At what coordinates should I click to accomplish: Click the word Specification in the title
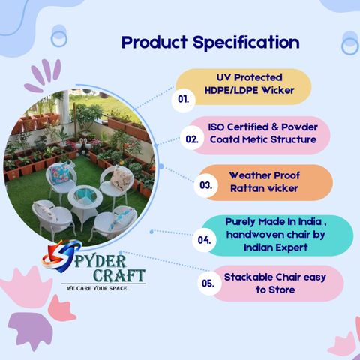(246, 43)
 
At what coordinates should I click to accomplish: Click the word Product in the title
(154, 42)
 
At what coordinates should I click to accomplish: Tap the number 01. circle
(183, 99)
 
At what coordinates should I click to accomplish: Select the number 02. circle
(192, 139)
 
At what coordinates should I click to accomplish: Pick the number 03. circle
(205, 185)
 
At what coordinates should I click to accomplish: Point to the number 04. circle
(204, 240)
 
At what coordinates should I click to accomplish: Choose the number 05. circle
(208, 283)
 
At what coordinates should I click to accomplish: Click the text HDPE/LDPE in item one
(231, 90)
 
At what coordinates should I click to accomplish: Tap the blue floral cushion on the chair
(60, 171)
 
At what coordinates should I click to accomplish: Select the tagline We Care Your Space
(97, 288)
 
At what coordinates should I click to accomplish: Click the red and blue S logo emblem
(61, 256)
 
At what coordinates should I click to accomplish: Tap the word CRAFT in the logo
(119, 275)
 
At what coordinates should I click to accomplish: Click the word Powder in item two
(299, 127)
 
